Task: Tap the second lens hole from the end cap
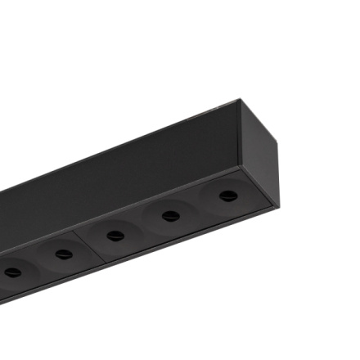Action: pyautogui.click(x=171, y=216)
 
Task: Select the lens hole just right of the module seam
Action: pyautogui.click(x=115, y=236)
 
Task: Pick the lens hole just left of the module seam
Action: pyautogui.click(x=63, y=254)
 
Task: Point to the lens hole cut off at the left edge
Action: pyautogui.click(x=11, y=272)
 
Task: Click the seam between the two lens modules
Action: pyautogui.click(x=87, y=245)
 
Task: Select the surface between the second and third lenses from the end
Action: pyautogui.click(x=143, y=226)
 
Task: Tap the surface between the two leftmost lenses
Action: pyautogui.click(x=37, y=263)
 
